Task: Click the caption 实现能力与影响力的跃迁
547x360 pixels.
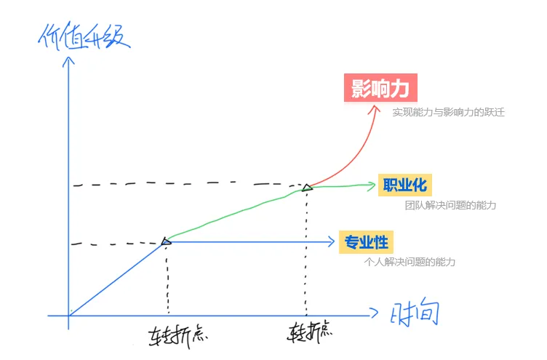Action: tap(448, 113)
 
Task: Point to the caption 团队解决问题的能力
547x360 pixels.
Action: tap(450, 206)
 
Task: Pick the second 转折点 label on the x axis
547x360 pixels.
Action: tap(310, 332)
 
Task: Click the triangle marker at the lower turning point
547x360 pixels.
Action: tap(166, 241)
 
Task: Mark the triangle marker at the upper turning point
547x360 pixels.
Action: tap(307, 188)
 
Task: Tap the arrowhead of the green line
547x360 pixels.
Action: tap(372, 184)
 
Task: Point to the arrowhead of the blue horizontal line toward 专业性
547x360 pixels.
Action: tap(331, 241)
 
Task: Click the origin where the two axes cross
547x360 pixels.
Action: tap(69, 316)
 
